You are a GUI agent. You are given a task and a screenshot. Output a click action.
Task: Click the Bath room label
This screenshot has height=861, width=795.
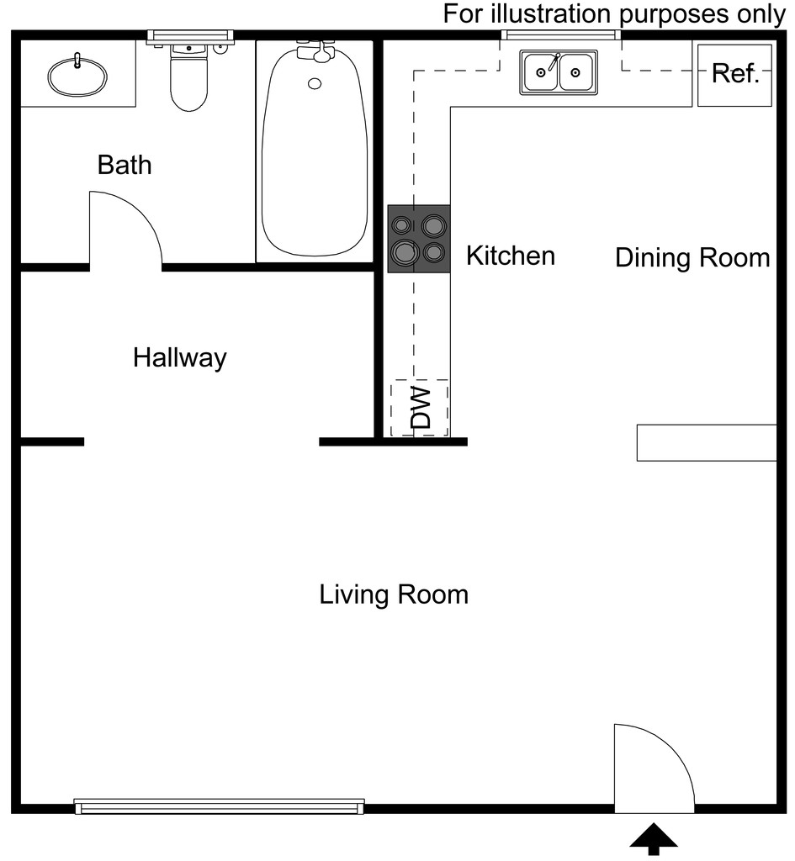click(x=125, y=165)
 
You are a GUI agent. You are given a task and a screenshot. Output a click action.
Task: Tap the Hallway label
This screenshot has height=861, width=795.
click(x=180, y=358)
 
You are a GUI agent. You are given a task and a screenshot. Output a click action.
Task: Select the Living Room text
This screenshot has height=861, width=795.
click(x=394, y=594)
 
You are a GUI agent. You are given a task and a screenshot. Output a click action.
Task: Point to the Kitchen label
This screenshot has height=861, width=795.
click(x=511, y=256)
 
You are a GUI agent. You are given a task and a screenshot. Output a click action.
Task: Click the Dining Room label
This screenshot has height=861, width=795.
click(x=693, y=258)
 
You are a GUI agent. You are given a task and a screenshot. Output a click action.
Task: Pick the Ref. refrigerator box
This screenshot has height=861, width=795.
click(x=735, y=75)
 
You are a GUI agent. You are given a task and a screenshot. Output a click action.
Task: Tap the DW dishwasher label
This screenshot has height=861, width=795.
click(x=421, y=408)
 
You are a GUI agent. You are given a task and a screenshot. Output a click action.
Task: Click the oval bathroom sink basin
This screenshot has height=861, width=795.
click(x=77, y=76)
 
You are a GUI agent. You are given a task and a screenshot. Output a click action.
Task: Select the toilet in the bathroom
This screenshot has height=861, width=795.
click(x=189, y=77)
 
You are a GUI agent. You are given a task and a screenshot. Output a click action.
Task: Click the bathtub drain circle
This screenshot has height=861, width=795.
click(x=315, y=83)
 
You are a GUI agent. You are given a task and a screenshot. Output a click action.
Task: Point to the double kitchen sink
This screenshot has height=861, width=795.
click(x=559, y=72)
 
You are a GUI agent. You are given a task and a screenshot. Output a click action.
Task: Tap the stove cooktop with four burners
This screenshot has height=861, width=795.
click(x=419, y=239)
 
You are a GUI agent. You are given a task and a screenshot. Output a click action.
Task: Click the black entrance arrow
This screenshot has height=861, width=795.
click(x=654, y=838)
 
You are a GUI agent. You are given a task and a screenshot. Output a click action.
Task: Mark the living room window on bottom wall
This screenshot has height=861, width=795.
click(x=220, y=806)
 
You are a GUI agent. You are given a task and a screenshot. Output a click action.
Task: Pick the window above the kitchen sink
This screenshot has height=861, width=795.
click(x=561, y=35)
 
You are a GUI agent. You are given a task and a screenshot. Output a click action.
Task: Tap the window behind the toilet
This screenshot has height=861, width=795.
click(x=191, y=36)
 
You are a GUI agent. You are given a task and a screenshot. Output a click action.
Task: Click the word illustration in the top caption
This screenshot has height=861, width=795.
click(x=552, y=13)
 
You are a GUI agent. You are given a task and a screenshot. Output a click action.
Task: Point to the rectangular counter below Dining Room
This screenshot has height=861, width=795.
click(x=707, y=442)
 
